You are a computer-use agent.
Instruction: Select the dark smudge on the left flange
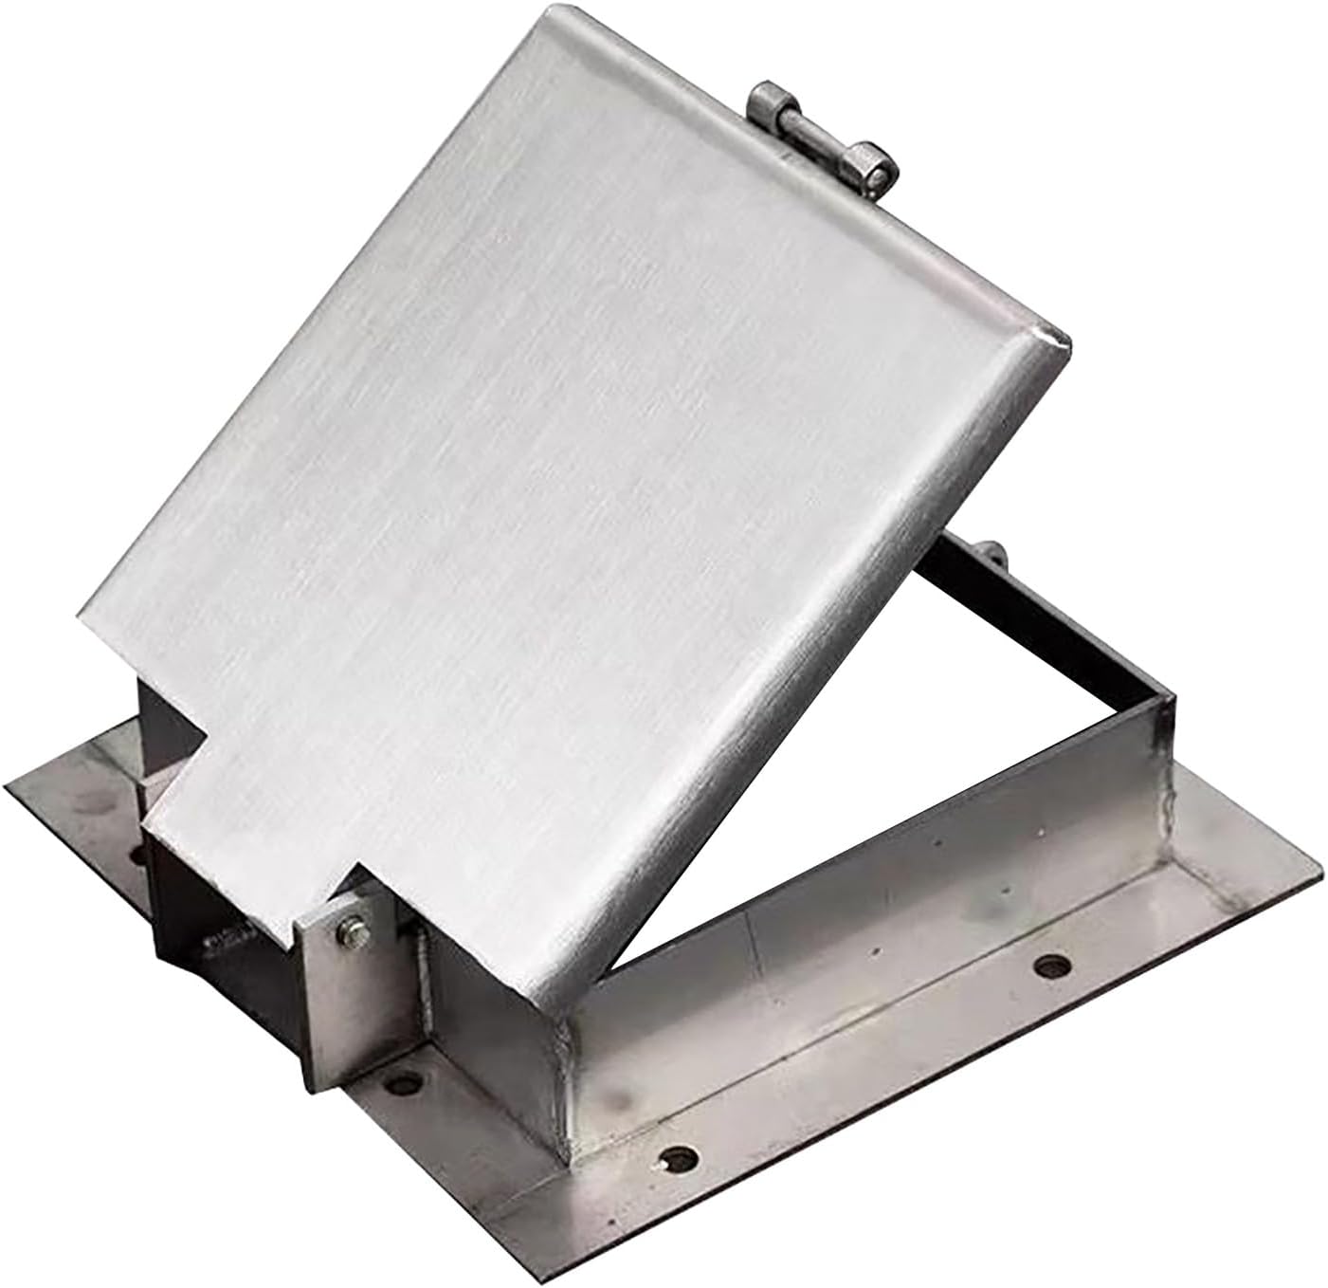90,806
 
